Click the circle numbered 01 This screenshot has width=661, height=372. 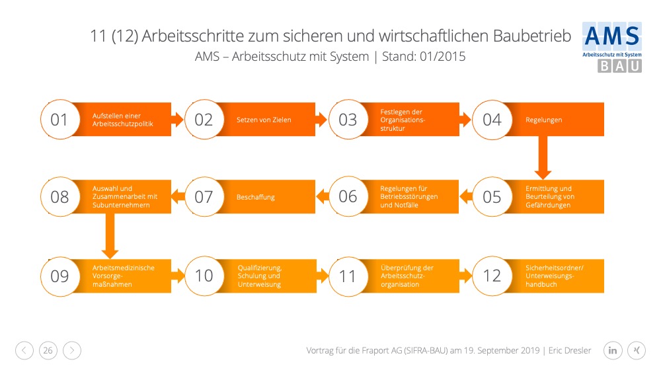click(60, 120)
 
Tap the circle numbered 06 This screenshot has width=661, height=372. click(348, 197)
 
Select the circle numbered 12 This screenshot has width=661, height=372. click(492, 276)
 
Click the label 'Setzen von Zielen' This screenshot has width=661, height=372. click(264, 120)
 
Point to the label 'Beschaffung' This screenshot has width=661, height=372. click(255, 197)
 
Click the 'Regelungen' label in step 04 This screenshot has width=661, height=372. click(543, 120)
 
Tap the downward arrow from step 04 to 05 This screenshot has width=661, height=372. click(543, 157)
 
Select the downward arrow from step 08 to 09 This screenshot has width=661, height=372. click(110, 236)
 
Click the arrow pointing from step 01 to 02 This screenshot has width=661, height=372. click(177, 120)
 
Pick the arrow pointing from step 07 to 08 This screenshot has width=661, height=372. click(177, 197)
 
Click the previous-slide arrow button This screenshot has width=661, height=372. click(24, 350)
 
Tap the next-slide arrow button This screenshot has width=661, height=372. click(72, 350)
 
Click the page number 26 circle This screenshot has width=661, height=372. click(48, 350)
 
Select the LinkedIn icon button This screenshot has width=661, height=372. click(613, 350)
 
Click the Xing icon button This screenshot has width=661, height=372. click(637, 350)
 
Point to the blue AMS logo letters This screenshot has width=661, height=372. click(612, 36)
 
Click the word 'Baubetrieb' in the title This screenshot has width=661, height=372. click(532, 36)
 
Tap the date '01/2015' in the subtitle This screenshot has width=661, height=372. click(443, 56)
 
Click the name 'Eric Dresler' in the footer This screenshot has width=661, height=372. click(570, 350)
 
